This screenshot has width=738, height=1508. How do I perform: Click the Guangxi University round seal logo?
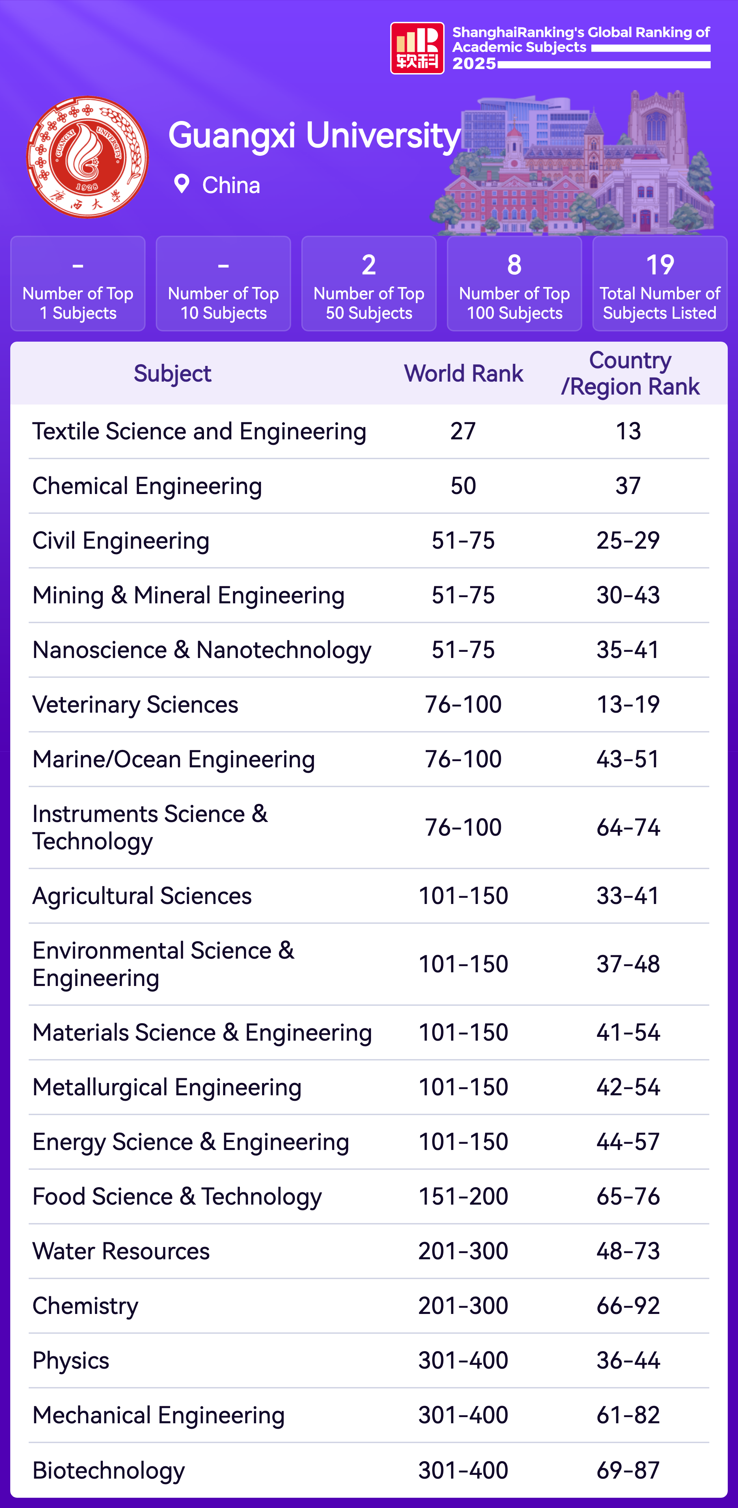88,157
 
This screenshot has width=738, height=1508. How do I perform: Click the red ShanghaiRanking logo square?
417,48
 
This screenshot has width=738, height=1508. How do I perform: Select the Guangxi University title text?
314,136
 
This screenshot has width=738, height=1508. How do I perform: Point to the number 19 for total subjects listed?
659,265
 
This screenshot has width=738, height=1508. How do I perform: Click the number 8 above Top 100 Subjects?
514,265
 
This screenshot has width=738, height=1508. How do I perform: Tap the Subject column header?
172,373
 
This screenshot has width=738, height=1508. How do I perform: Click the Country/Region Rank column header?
630,373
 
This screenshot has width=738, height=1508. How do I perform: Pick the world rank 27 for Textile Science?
463,431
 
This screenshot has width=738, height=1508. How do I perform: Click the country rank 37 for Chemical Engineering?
628,486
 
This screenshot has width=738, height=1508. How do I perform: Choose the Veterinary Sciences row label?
135,705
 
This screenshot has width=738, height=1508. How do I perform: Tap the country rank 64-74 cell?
628,828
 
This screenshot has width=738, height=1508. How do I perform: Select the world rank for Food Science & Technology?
463,1196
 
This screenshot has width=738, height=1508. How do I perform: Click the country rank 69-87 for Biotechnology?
628,1470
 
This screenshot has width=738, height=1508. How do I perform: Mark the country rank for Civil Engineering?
628,541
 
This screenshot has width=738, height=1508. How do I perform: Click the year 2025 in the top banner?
474,63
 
